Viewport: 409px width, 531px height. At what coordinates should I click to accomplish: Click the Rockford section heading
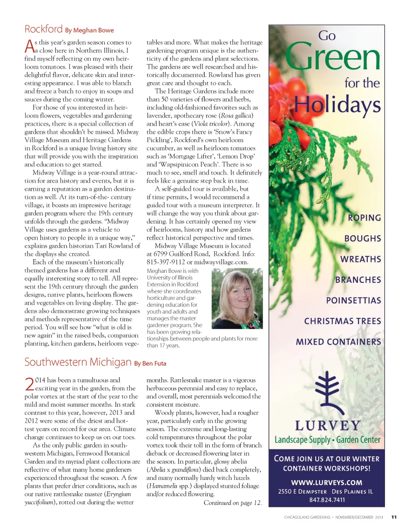(x=44, y=29)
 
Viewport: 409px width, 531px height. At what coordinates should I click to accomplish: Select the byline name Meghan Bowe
(x=93, y=30)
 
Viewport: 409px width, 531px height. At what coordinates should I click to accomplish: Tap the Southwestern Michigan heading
(x=78, y=362)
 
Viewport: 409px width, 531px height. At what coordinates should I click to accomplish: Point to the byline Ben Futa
(x=154, y=364)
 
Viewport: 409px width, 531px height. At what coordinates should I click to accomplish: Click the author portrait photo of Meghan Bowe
(x=237, y=298)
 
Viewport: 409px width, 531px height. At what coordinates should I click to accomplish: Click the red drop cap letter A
(x=29, y=46)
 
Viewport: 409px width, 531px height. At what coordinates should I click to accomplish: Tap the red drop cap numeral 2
(x=30, y=384)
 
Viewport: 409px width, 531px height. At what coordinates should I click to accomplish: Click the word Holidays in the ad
(x=338, y=104)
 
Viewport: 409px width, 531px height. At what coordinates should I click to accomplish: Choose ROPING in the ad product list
(x=364, y=218)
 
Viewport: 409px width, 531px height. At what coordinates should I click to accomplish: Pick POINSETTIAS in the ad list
(x=353, y=300)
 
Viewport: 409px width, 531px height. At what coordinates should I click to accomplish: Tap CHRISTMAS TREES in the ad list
(x=342, y=321)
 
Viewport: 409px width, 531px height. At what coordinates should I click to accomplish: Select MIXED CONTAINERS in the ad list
(x=338, y=342)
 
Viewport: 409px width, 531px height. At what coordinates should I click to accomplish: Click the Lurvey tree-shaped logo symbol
(x=327, y=392)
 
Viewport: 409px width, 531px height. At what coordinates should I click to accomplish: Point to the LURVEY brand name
(x=328, y=426)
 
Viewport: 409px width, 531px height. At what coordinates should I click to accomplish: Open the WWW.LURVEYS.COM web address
(x=327, y=483)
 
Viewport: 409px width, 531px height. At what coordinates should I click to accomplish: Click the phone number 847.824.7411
(x=327, y=500)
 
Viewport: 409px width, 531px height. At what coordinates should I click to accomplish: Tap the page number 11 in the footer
(x=394, y=517)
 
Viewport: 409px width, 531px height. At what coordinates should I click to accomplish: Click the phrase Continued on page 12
(x=232, y=503)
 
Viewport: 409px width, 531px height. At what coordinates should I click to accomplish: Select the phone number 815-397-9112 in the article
(x=166, y=262)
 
